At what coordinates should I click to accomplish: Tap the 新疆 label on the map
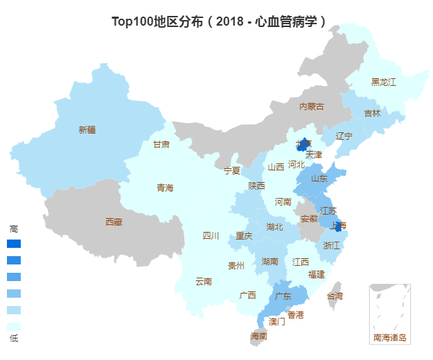click(x=87, y=129)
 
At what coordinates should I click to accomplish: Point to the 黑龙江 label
click(x=384, y=82)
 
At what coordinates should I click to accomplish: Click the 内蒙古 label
click(x=311, y=106)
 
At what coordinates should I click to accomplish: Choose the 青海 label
click(x=165, y=188)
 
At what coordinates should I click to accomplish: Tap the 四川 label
click(x=211, y=235)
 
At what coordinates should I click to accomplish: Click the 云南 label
click(x=204, y=281)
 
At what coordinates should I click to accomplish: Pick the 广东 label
click(x=283, y=296)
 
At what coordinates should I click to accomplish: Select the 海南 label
click(x=258, y=336)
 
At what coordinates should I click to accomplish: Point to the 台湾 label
click(x=335, y=296)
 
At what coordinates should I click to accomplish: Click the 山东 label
click(x=319, y=178)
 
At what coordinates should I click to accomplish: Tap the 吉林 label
click(x=373, y=113)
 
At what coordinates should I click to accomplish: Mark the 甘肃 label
click(x=161, y=144)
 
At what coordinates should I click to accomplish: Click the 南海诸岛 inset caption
click(x=390, y=338)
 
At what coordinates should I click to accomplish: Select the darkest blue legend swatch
click(x=14, y=244)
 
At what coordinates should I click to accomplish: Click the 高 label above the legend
click(x=14, y=228)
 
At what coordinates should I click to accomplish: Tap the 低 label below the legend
click(x=14, y=338)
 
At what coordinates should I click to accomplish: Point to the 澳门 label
click(x=277, y=321)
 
